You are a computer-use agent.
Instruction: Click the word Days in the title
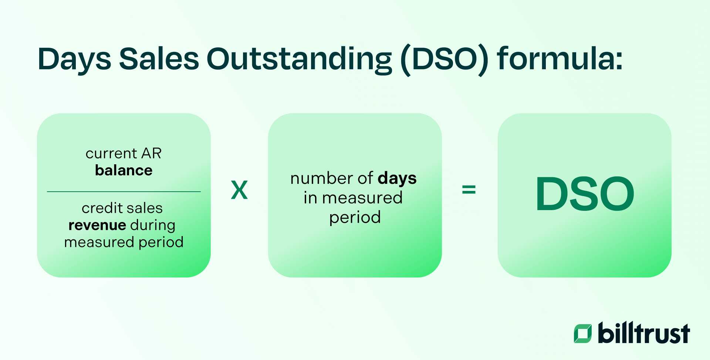click(x=74, y=59)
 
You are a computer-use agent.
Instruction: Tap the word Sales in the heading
click(x=159, y=59)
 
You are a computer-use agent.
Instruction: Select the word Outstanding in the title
click(x=299, y=59)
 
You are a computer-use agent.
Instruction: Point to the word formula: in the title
click(x=560, y=59)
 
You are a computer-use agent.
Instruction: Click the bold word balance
click(x=124, y=171)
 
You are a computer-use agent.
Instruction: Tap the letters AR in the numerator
click(x=152, y=154)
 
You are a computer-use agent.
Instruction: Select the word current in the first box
click(x=111, y=154)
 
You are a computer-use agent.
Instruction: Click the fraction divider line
click(x=124, y=192)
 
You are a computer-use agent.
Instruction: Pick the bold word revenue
click(x=97, y=225)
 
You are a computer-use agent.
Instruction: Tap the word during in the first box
click(x=153, y=225)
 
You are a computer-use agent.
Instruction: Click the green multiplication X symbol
click(x=239, y=190)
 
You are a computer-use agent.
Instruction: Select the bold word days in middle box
click(x=397, y=179)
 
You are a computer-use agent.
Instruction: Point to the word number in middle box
click(x=321, y=179)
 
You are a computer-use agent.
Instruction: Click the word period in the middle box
click(x=355, y=218)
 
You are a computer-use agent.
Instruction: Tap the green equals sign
click(x=469, y=190)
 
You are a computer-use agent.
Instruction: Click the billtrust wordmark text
click(x=643, y=333)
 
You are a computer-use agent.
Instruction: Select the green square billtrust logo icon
click(x=582, y=333)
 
